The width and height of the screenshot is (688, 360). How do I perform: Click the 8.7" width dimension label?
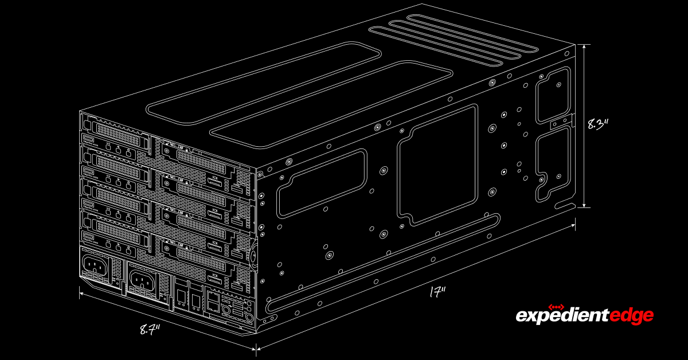coord(150,329)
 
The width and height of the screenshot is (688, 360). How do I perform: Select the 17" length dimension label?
coord(437,292)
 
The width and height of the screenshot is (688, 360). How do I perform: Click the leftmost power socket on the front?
coord(95,265)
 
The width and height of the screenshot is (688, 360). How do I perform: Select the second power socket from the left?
coord(140,280)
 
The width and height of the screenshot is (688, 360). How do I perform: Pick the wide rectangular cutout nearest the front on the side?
coord(322,183)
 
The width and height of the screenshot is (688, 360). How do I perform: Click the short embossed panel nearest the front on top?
coord(264,80)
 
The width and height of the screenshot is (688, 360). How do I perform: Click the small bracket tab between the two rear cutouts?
coord(562,123)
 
